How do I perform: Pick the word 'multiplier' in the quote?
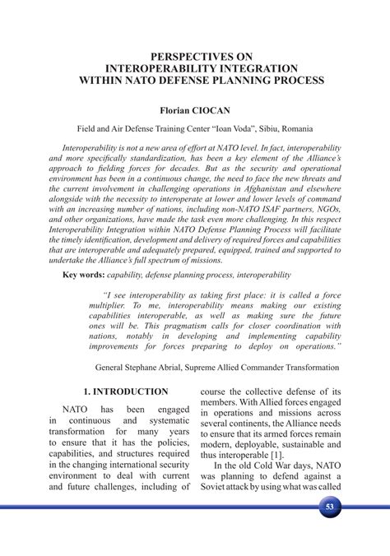click(x=123, y=303)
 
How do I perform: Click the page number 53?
click(x=329, y=506)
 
